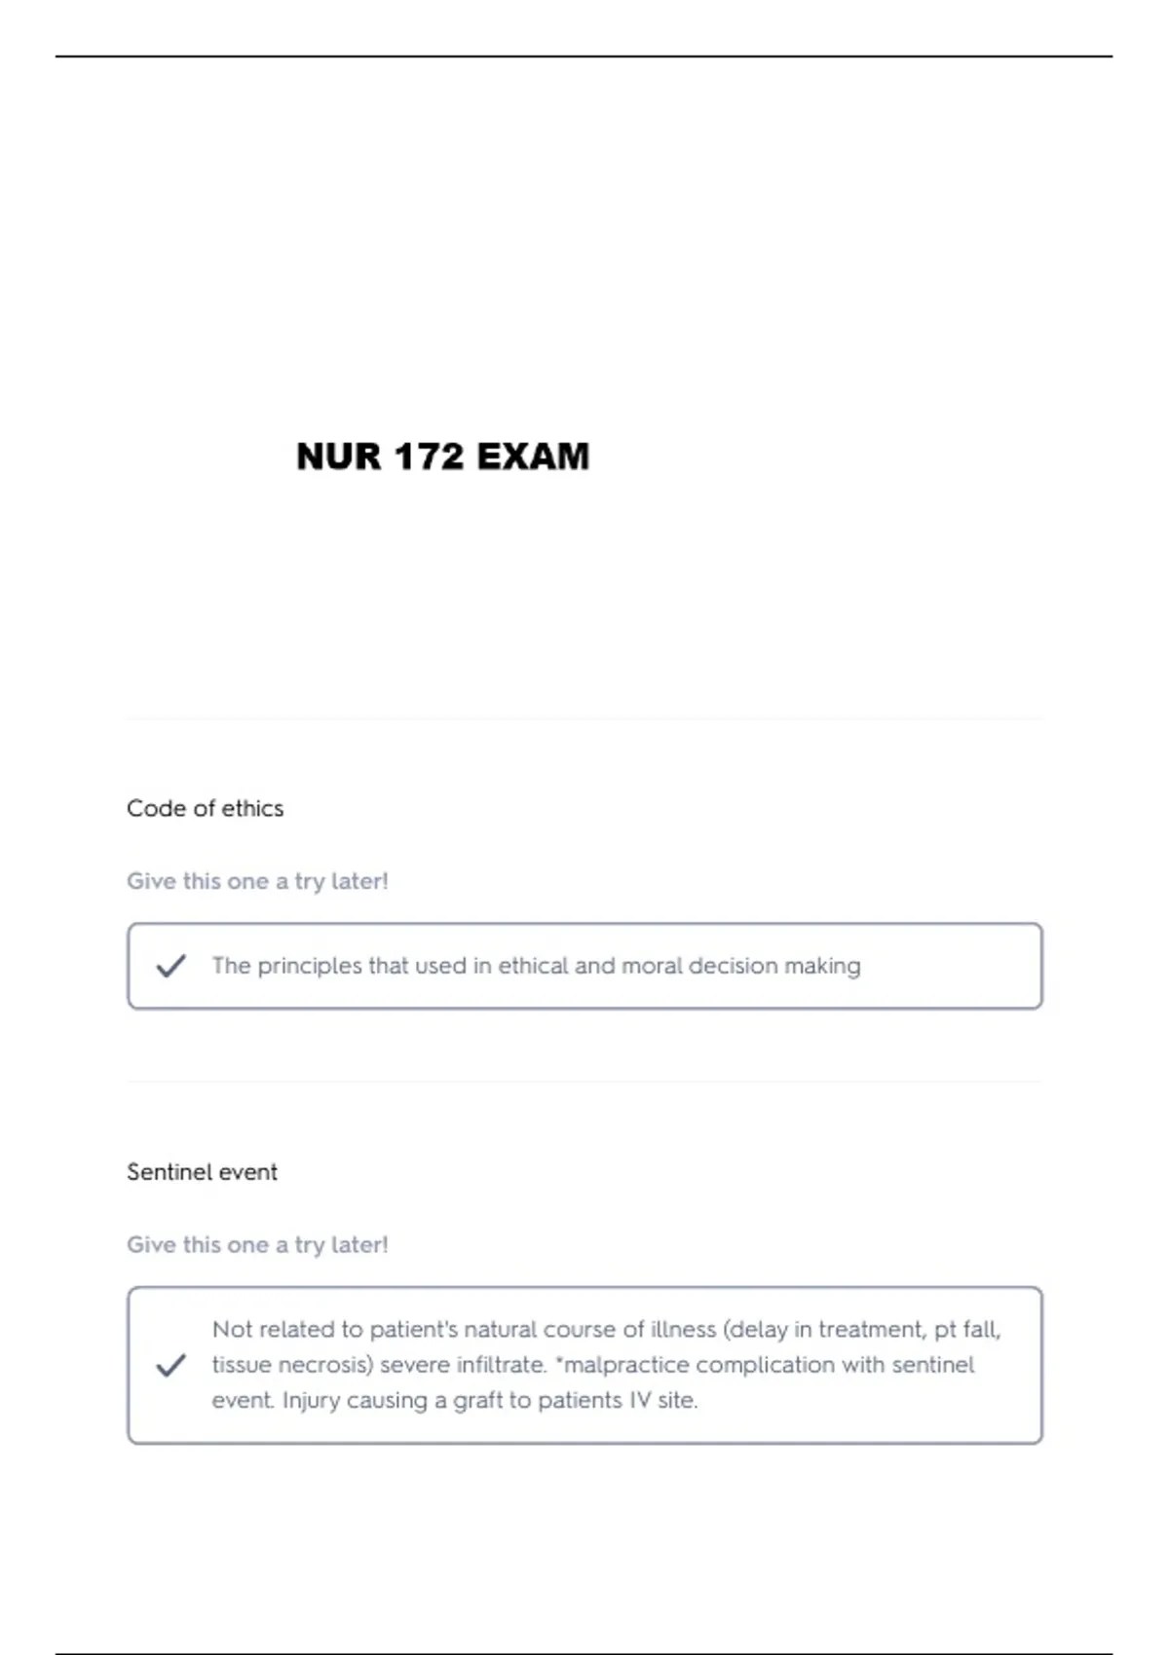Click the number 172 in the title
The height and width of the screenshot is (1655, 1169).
430,457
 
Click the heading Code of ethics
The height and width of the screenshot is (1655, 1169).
205,808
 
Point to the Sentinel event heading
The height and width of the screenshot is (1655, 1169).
202,1172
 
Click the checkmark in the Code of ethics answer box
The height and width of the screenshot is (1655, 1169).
170,966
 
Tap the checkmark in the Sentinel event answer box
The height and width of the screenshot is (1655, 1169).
170,1365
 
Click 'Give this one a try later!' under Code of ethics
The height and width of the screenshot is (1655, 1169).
257,881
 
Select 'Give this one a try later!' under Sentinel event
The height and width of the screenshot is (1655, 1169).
257,1245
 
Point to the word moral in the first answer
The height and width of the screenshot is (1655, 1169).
652,966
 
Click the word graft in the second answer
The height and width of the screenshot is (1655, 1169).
477,1401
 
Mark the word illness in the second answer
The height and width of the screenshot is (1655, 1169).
683,1330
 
